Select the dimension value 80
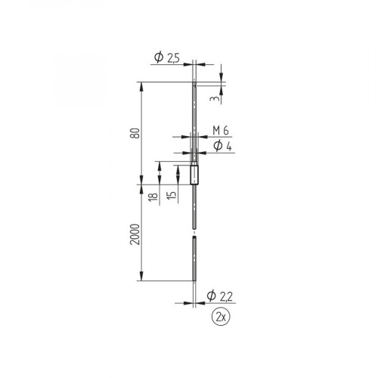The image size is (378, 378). (135, 132)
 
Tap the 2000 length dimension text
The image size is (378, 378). (135, 232)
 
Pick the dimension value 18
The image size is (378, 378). (153, 197)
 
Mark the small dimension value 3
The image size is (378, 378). (216, 99)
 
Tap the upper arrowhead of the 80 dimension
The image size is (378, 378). (142, 85)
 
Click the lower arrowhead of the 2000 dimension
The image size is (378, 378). (142, 277)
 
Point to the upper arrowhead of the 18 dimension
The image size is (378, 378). (159, 164)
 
